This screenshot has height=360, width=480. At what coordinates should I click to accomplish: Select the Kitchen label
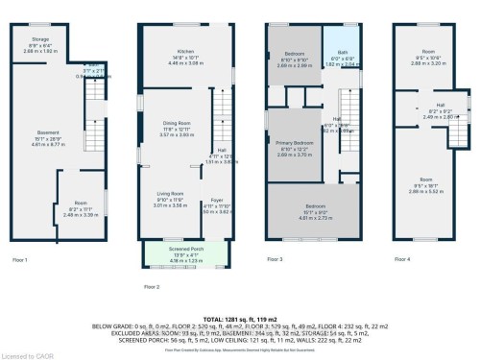pyautogui.click(x=185, y=54)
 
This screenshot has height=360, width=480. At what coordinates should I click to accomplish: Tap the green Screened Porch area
pyautogui.click(x=186, y=254)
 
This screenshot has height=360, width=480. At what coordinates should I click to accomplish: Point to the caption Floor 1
pyautogui.click(x=19, y=259)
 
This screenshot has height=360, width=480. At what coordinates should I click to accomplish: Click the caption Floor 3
pyautogui.click(x=275, y=259)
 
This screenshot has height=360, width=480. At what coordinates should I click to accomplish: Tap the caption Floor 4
pyautogui.click(x=403, y=259)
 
